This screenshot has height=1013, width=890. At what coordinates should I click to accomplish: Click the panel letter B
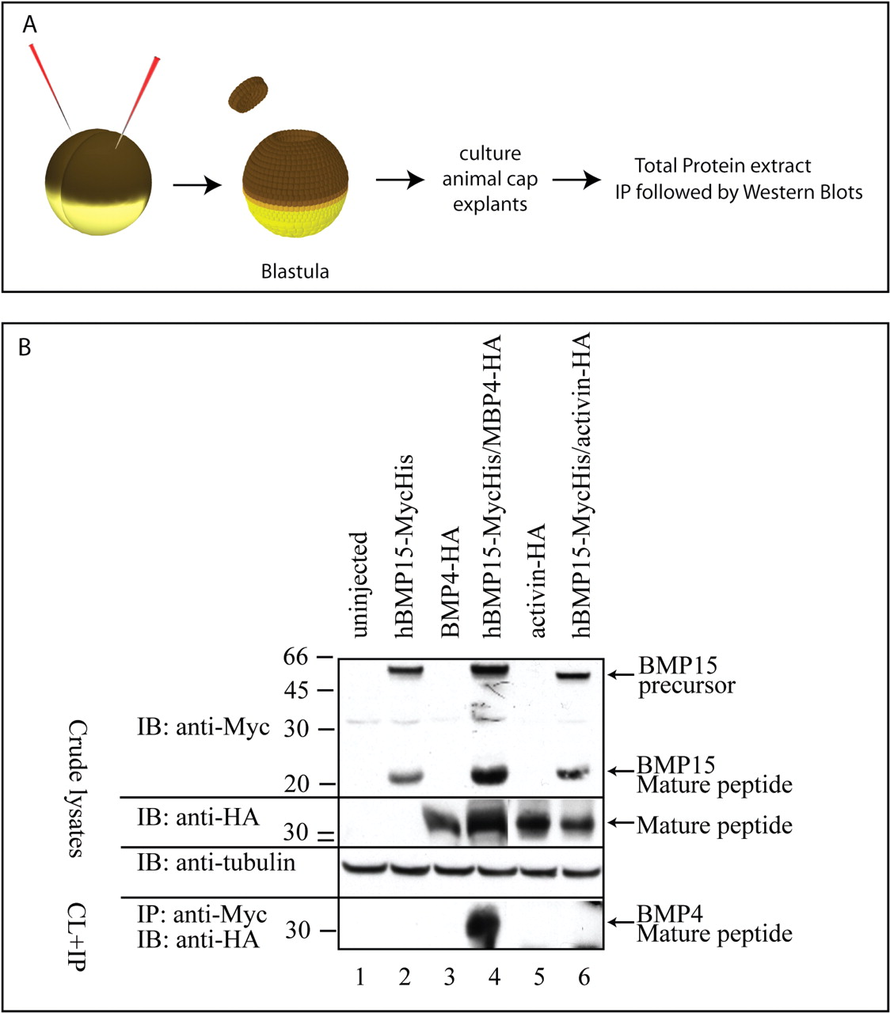[25, 347]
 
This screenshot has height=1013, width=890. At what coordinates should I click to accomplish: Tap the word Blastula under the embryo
[295, 271]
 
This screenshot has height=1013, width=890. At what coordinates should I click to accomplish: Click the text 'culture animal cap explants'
[489, 179]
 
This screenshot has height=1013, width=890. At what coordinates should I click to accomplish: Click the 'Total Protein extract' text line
[722, 166]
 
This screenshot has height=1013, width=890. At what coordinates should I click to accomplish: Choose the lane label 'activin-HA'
[539, 579]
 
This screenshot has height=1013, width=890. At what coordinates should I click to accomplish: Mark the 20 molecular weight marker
[304, 783]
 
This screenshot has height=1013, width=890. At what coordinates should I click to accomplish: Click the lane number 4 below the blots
[494, 977]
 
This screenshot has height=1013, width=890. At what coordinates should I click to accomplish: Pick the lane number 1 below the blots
[360, 977]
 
